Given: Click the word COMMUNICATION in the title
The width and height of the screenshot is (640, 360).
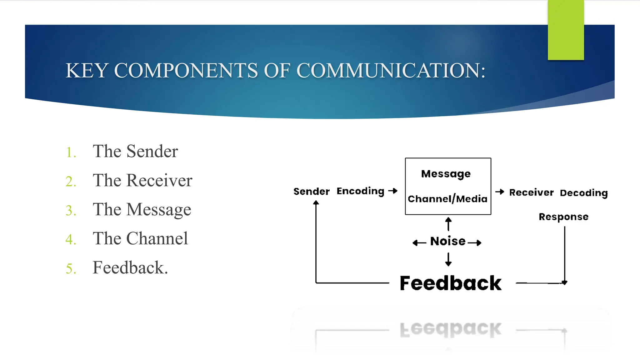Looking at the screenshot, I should pos(391,70).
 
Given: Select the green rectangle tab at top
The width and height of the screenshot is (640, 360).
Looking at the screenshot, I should pos(566,30).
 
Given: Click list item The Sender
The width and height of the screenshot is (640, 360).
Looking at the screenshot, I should pos(135,151).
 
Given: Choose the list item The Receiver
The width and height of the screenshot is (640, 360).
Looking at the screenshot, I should pos(142,180).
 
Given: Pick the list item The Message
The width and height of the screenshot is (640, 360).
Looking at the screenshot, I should pos(142,209).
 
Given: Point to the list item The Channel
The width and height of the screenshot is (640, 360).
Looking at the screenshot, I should pos(140,238).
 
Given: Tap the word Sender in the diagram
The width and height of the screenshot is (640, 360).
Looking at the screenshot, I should pos(311,191).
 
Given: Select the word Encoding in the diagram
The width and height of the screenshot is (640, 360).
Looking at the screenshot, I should pos(360,191).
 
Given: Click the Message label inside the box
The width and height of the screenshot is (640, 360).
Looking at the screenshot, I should pos(446,174).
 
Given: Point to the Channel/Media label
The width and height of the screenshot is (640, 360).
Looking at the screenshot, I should pos(447,199).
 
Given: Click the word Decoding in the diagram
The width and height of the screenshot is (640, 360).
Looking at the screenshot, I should pos(583,193).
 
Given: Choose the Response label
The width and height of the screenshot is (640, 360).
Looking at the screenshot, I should pos(563,217).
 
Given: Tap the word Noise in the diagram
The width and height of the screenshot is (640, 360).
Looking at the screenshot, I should pos(448,241).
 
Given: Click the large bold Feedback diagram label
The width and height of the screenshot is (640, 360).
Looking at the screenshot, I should pos(450,283).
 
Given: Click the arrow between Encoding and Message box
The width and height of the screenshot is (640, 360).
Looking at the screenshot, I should pos(393,191).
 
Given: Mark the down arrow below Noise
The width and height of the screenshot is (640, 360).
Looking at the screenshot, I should pos(448,260).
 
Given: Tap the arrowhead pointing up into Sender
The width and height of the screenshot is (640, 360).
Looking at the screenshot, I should pos(316,203).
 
